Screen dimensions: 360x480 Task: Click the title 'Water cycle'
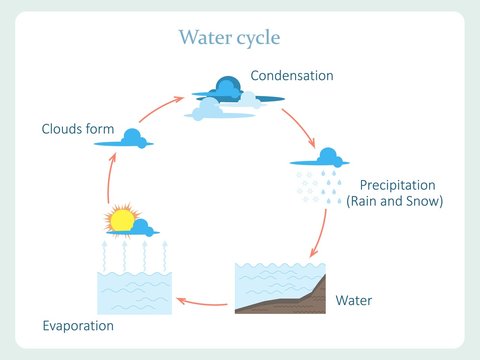coord(229,38)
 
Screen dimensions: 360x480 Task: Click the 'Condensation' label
coord(292,76)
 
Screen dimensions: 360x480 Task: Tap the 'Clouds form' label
coord(77,129)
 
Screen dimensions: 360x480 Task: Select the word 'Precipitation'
coord(398,185)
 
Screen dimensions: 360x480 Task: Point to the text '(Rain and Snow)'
coord(394,201)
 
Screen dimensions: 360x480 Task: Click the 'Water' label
coord(353,299)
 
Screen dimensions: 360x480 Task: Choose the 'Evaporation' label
coord(78,326)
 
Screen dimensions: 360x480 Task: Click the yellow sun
coord(121,220)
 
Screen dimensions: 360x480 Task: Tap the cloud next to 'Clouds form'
coord(130,139)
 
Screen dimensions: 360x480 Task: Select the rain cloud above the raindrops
coord(327,157)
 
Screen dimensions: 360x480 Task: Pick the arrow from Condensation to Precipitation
coord(298,122)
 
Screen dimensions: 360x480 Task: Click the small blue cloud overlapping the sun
coord(143,226)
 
